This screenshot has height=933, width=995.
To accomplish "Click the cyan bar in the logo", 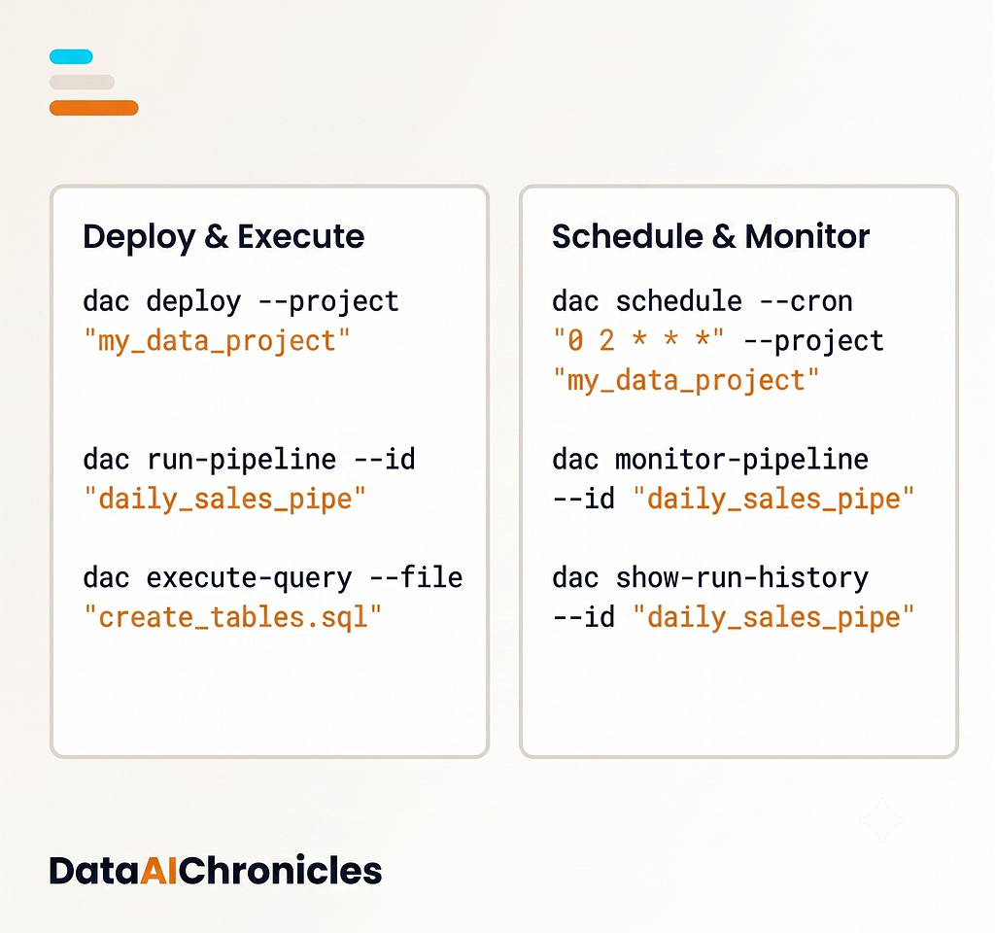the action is click(x=71, y=56).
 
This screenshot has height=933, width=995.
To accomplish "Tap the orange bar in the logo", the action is click(x=94, y=108).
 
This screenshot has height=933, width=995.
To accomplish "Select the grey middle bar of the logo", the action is click(x=82, y=82).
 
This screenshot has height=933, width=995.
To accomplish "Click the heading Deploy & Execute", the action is click(x=223, y=237).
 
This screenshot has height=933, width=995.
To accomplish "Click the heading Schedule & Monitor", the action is click(x=710, y=237).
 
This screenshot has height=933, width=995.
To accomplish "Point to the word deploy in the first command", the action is click(x=193, y=301).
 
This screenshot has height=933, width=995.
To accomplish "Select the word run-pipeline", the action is click(x=241, y=460).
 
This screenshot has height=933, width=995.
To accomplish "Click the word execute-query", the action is click(x=250, y=578).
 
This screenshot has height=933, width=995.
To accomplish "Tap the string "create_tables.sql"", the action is click(x=233, y=617).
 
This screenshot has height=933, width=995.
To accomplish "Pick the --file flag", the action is click(x=416, y=577).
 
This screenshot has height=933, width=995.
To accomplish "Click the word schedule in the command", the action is click(x=679, y=301).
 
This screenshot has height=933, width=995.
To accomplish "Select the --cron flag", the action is click(x=806, y=302).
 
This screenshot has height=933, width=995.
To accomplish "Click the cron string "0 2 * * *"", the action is click(x=638, y=340).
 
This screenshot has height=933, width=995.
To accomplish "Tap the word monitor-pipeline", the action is click(x=741, y=460).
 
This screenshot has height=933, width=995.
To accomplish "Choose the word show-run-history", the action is click(x=741, y=578).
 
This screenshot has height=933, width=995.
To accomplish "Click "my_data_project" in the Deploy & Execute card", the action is click(x=217, y=341).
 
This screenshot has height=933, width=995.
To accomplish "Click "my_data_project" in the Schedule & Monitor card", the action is click(x=686, y=381).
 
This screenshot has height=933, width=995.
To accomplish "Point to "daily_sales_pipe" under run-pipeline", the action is click(x=224, y=500).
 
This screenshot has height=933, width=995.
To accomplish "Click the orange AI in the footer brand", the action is click(x=158, y=870).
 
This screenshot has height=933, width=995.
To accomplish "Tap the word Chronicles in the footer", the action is click(x=280, y=870).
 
